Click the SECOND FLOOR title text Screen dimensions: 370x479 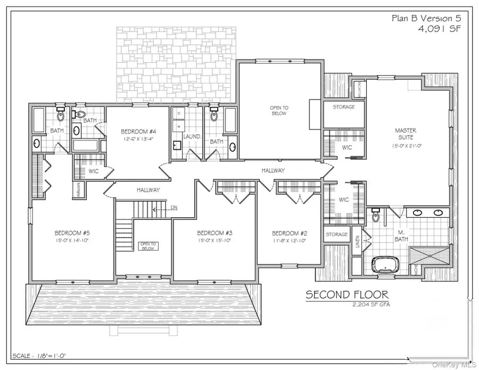(x=346, y=294)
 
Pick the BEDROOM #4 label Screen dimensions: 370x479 (x=138, y=131)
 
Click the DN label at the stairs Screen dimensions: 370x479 (x=174, y=207)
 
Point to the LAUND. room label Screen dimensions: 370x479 (x=192, y=137)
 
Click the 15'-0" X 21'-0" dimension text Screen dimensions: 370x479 (x=406, y=145)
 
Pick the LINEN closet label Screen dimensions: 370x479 (x=358, y=242)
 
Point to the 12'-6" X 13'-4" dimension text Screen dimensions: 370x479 (x=138, y=139)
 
